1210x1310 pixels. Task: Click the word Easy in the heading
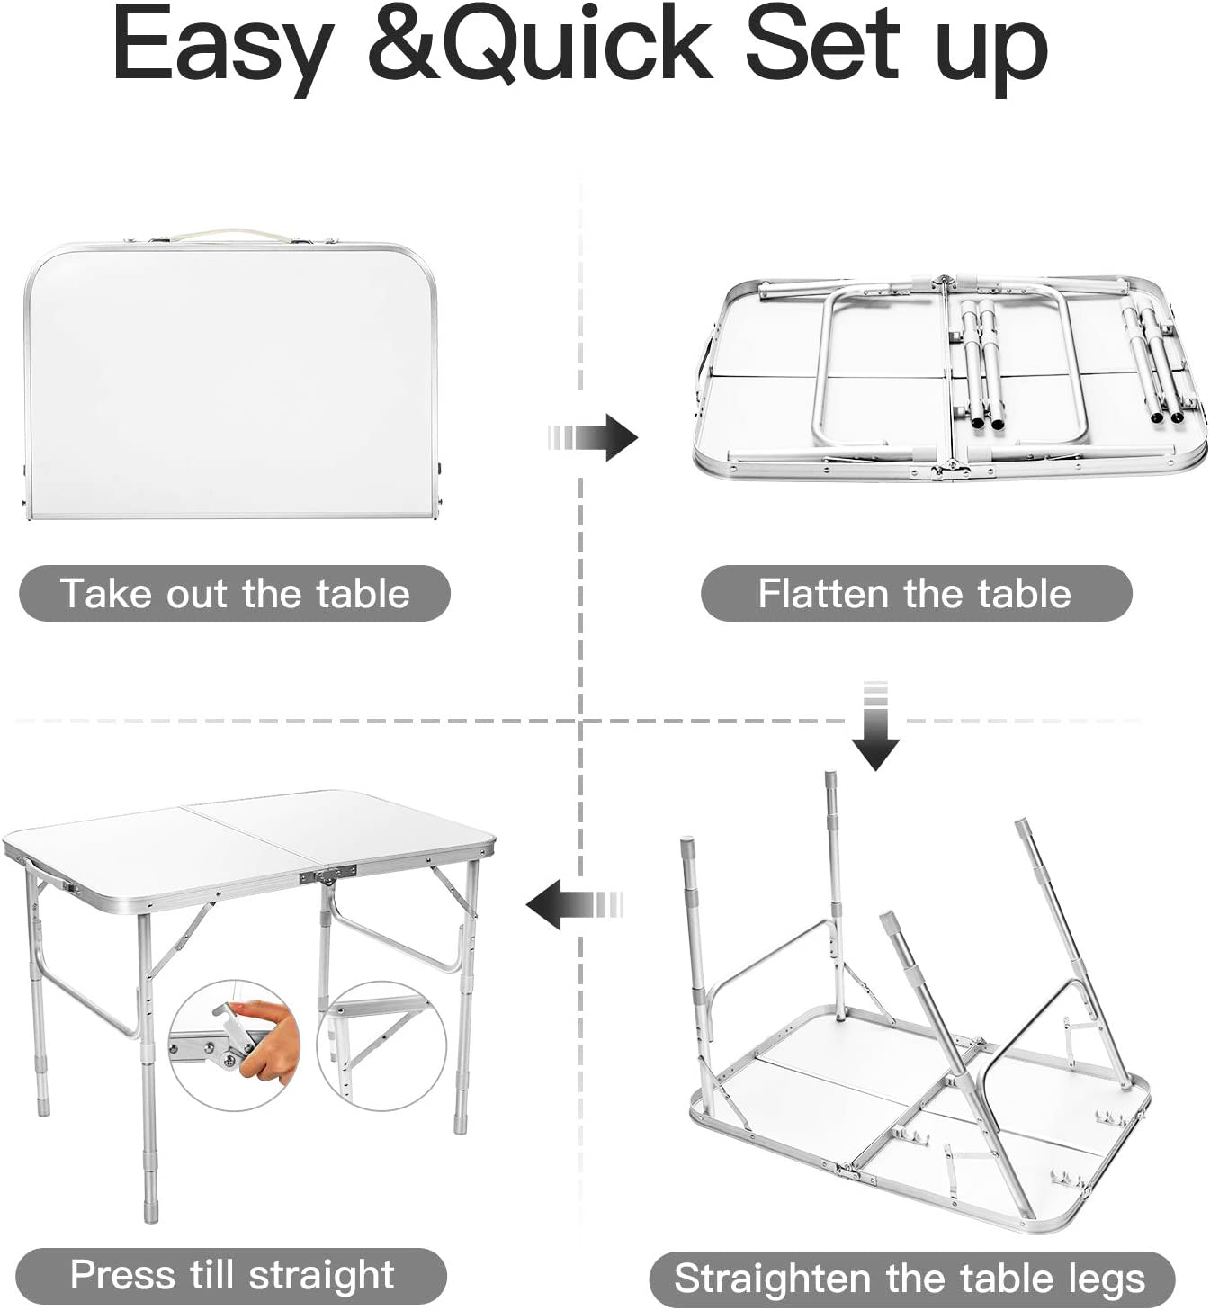[x=222, y=49]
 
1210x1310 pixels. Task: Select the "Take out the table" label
[x=235, y=593]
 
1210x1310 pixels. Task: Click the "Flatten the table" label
[x=917, y=593]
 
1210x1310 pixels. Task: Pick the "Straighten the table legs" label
[x=912, y=1279]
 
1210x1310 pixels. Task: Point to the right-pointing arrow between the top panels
[x=593, y=437]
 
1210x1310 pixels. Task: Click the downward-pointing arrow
[x=875, y=725]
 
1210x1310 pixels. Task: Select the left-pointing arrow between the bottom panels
[x=574, y=903]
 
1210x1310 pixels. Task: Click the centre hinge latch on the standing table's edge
[x=327, y=875]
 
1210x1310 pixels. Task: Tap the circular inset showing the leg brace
[x=381, y=1045]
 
